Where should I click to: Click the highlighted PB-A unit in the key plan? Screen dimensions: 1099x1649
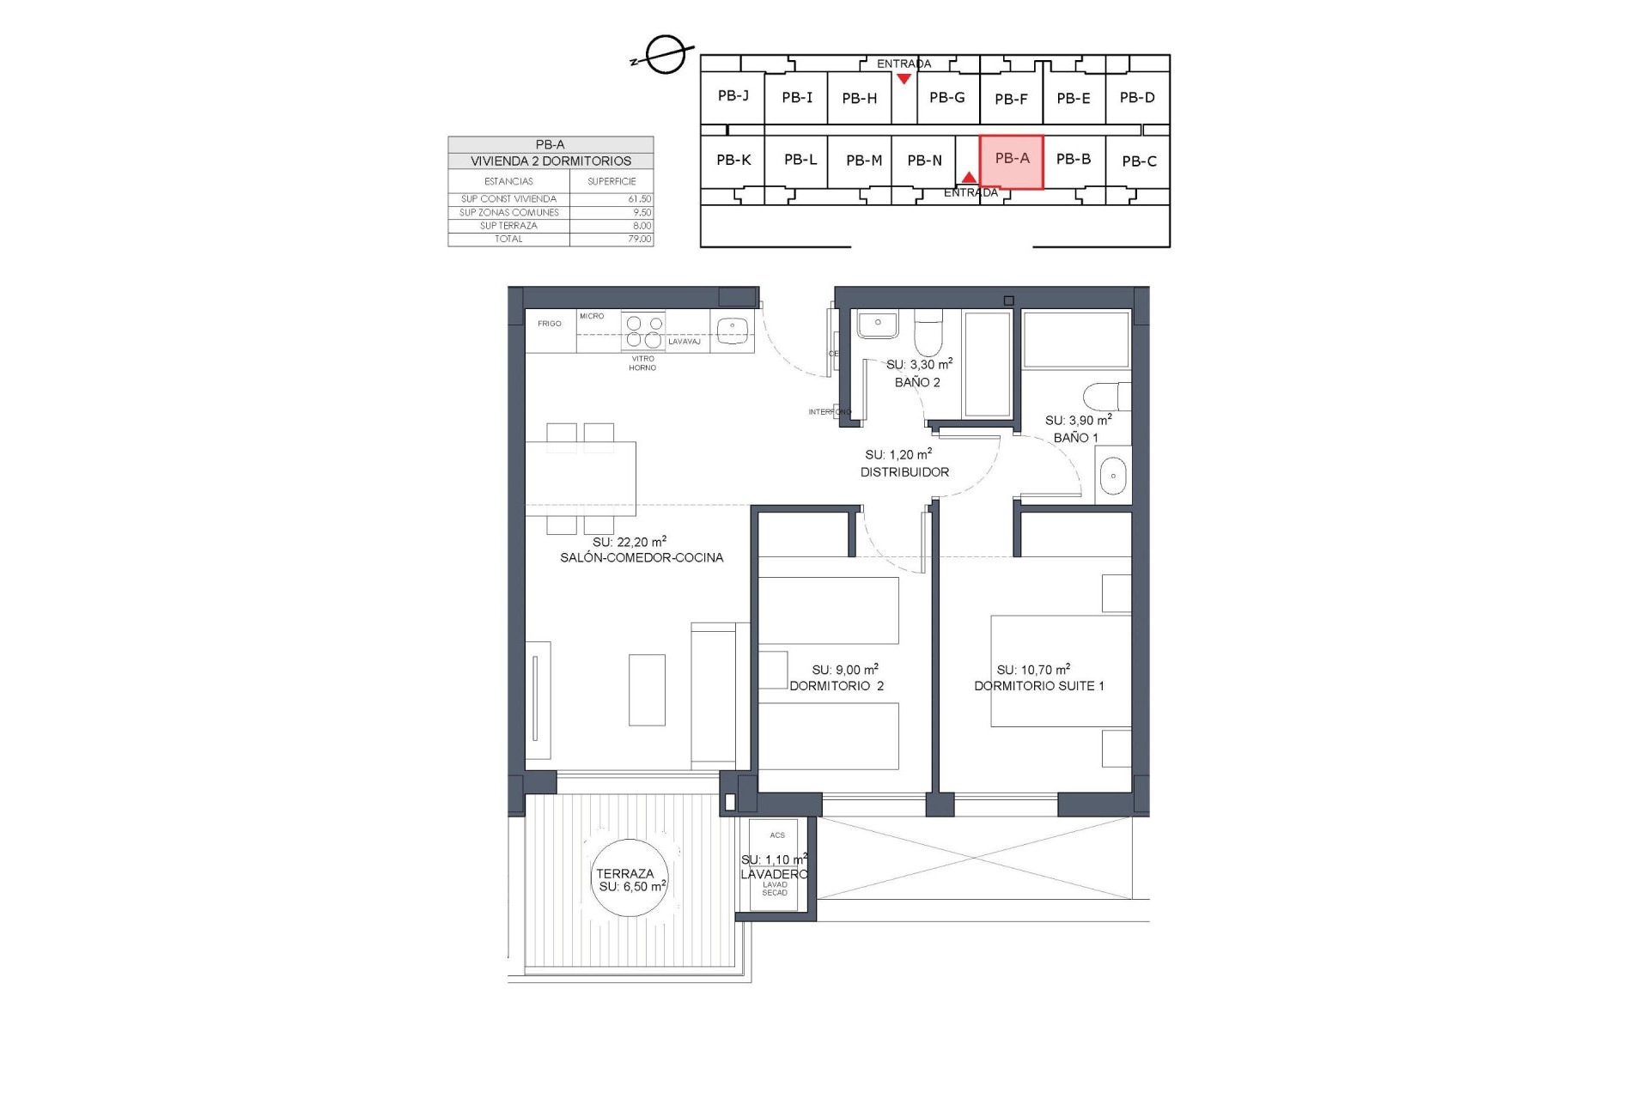pyautogui.click(x=1012, y=161)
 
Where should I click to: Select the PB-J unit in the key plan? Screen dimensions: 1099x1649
pyautogui.click(x=733, y=96)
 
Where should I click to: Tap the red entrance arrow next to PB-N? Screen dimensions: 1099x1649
pyautogui.click(x=969, y=177)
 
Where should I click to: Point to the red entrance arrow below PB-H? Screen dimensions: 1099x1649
pyautogui.click(x=904, y=79)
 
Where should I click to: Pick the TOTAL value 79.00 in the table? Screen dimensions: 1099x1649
pyautogui.click(x=639, y=239)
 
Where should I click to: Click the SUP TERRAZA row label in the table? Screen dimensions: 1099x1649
pyautogui.click(x=508, y=226)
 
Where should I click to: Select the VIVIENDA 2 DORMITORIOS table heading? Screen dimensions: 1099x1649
pyautogui.click(x=551, y=161)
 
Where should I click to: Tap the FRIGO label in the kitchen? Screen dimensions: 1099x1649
pyautogui.click(x=550, y=324)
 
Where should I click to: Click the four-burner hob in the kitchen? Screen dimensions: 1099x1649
pyautogui.click(x=643, y=331)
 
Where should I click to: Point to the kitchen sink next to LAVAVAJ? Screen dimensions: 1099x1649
pyautogui.click(x=733, y=328)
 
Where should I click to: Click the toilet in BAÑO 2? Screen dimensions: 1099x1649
pyautogui.click(x=928, y=335)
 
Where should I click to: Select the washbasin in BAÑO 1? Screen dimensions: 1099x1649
pyautogui.click(x=1113, y=476)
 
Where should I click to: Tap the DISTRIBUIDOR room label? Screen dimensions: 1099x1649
pyautogui.click(x=904, y=472)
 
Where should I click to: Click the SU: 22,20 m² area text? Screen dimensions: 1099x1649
pyautogui.click(x=629, y=542)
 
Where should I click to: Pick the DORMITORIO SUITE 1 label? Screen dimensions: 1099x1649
pyautogui.click(x=1039, y=686)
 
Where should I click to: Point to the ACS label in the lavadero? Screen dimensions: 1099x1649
pyautogui.click(x=777, y=835)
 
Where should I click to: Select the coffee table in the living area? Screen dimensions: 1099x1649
pyautogui.click(x=647, y=689)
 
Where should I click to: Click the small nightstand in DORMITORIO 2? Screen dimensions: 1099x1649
pyautogui.click(x=773, y=670)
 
